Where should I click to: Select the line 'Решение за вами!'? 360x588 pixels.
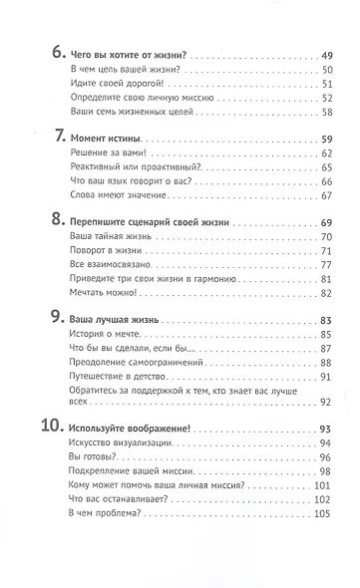pyautogui.click(x=109, y=153)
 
